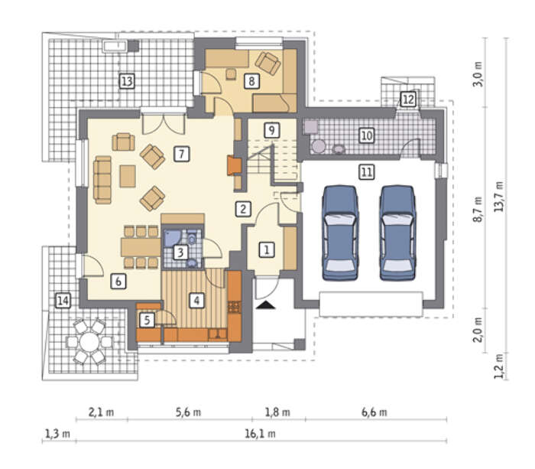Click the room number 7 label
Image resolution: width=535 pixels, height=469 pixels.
182,154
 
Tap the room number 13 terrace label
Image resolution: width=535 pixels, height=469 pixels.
127,81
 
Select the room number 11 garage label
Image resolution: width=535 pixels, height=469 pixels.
367,172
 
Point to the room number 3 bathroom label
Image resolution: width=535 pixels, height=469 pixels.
180,252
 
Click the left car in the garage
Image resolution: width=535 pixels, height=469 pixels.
340,233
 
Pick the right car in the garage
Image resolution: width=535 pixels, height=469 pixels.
398,233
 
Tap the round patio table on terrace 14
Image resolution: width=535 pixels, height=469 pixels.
89,341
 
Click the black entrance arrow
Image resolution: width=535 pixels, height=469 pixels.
266,305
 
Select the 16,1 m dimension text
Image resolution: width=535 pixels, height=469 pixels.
260,434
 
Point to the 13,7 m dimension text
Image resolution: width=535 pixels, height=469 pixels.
499,197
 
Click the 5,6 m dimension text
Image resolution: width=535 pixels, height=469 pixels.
188,412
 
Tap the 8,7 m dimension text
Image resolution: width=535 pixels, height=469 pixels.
478,209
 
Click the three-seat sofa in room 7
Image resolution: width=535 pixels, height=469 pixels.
102,180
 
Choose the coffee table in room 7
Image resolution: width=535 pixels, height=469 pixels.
128,176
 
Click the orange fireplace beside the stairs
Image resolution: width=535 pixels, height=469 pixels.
235,165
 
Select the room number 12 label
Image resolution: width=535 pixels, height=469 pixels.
408,99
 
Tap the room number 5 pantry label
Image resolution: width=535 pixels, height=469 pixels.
147,320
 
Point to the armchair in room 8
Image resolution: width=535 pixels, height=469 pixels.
268,64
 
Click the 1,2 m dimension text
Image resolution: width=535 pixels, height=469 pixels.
499,366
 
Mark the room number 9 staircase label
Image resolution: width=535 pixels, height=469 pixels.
271,130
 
